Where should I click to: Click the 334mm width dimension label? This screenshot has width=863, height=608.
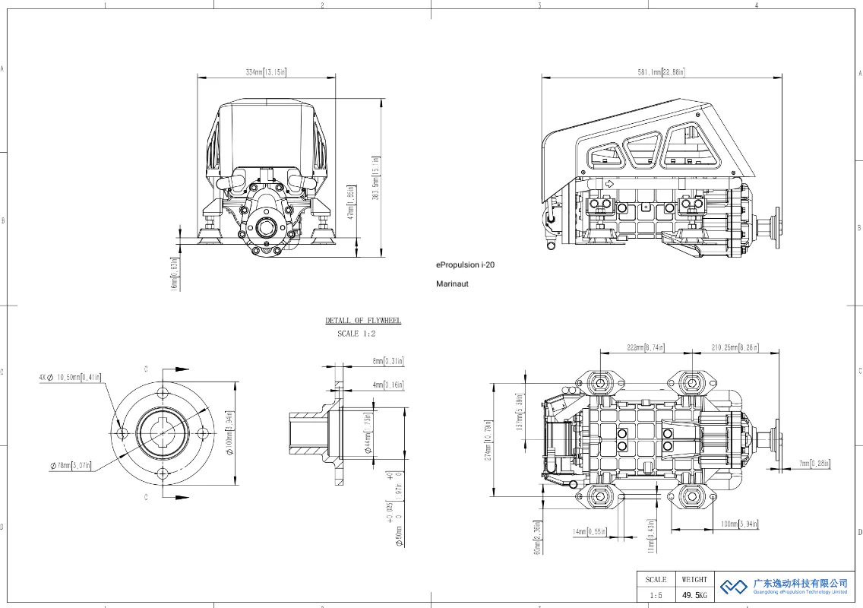[266, 72]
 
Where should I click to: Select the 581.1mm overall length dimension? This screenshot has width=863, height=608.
[661, 72]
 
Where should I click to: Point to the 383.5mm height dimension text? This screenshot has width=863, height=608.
[375, 185]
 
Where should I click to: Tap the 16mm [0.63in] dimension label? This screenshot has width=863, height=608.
[174, 273]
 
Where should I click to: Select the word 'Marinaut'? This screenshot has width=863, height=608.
[452, 283]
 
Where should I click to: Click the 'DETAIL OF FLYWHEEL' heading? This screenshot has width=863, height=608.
[363, 321]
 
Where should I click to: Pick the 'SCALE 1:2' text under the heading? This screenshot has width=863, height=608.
[356, 334]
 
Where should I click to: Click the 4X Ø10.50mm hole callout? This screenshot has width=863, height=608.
[70, 376]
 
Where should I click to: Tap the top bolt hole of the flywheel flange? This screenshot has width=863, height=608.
[163, 393]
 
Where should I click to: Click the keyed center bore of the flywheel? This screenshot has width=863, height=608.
[163, 433]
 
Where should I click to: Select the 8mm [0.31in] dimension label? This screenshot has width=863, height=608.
[387, 360]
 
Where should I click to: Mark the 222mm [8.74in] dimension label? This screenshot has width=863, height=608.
[646, 347]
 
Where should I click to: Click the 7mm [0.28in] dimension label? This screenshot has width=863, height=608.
[814, 464]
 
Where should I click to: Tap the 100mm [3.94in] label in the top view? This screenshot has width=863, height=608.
[739, 524]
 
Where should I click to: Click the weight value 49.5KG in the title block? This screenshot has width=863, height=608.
[694, 595]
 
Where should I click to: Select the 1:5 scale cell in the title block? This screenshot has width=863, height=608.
[656, 595]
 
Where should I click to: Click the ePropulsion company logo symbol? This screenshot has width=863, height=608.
[734, 587]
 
